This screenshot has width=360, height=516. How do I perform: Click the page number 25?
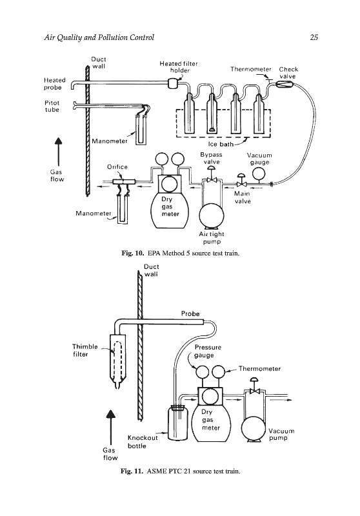pos(314,37)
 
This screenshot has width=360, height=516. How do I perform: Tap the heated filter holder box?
pos(173,83)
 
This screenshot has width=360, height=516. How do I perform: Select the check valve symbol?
pos(282,84)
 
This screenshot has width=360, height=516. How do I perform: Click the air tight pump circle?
pos(211,216)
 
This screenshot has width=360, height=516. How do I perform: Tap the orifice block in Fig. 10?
pos(122,181)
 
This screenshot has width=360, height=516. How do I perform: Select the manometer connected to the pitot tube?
pos(141,129)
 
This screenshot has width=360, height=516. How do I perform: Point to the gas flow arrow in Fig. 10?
pos(58,152)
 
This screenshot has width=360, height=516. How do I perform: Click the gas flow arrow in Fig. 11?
pos(110,428)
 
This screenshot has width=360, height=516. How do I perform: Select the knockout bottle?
pos(177,423)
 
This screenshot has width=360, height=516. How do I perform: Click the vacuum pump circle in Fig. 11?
pos(254,428)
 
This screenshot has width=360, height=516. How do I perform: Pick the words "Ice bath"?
pos(221,144)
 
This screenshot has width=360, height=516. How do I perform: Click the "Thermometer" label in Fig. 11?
pos(259,368)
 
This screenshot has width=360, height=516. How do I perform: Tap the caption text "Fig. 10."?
pos(133,253)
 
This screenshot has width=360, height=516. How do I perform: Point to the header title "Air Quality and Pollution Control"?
pos(99,37)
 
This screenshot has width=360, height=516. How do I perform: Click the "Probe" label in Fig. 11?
pos(190,313)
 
